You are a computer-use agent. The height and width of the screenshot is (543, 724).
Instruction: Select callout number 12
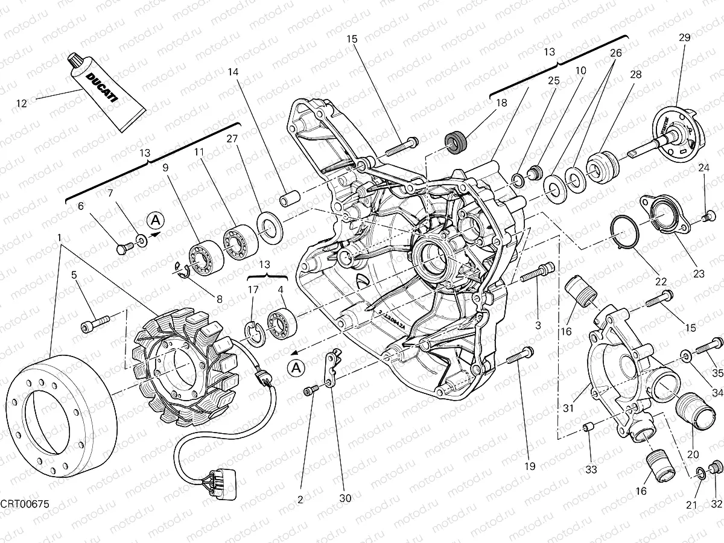point(22,103)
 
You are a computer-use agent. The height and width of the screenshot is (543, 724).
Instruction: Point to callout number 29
point(684,37)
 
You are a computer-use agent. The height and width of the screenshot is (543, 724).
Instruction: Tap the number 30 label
point(345,498)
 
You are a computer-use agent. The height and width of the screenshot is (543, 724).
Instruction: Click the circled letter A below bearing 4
point(296,366)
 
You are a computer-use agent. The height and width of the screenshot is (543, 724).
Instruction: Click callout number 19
point(530,466)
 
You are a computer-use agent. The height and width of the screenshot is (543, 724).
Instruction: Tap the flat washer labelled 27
point(270,225)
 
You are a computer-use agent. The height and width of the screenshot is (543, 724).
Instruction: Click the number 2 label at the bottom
point(300,498)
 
